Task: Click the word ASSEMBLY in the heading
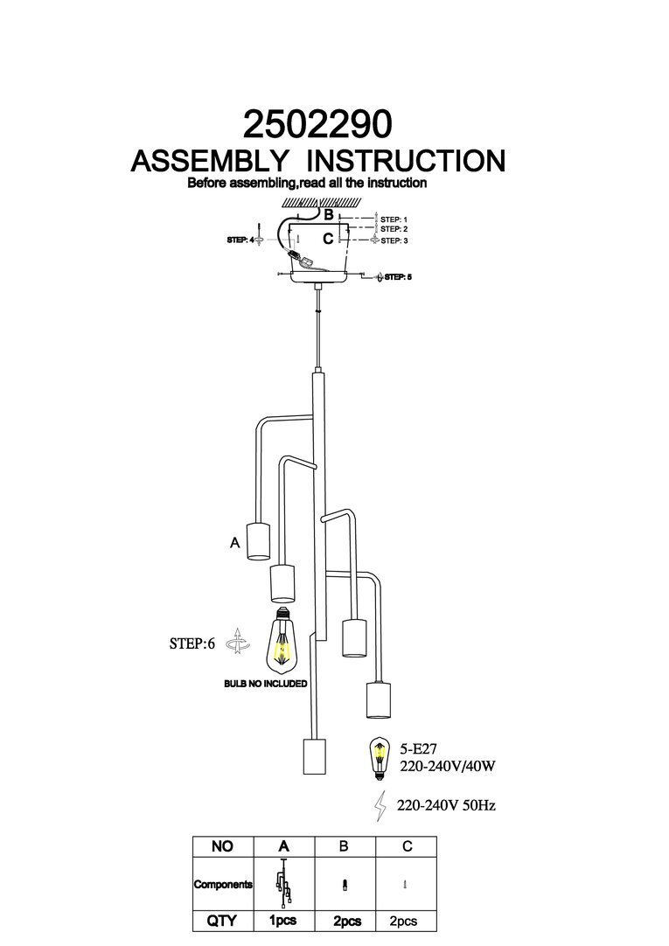coord(209,162)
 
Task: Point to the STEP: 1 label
coord(394,219)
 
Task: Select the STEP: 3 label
coord(394,240)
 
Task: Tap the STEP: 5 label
coord(398,277)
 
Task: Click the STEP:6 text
coord(192,644)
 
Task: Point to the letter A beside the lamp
coord(234,543)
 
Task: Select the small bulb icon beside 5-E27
coord(379,757)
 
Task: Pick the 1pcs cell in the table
coord(283,921)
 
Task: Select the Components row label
coord(223,884)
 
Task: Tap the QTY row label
coord(223,921)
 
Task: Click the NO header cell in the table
coord(223,846)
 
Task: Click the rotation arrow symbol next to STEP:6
coord(234,644)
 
